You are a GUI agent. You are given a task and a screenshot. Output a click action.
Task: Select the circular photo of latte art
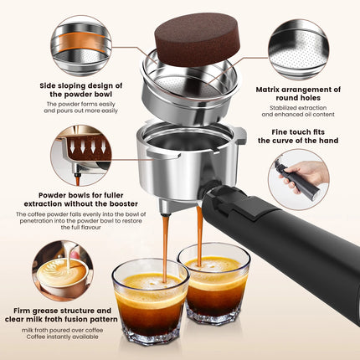(62, 270)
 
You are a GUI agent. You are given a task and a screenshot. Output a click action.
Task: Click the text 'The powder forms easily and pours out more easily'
(79, 108)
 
